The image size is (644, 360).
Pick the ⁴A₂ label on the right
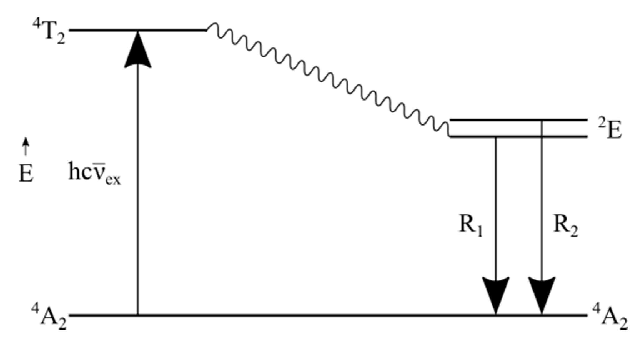[x=610, y=318]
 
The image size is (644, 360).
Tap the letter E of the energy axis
[x=26, y=174]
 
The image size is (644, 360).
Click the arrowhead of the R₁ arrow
[x=496, y=295]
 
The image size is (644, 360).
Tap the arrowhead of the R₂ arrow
[x=542, y=295]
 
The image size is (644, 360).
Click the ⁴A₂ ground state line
[x=312, y=316]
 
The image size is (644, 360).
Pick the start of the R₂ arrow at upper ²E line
[x=542, y=121]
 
